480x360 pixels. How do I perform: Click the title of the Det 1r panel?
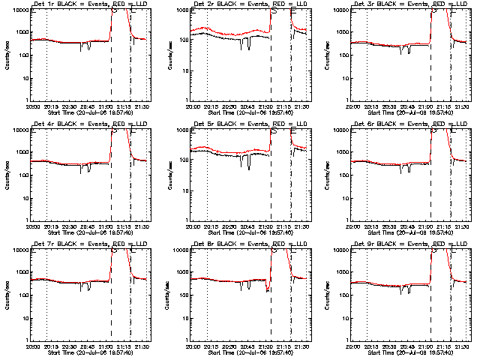point(81,5)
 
